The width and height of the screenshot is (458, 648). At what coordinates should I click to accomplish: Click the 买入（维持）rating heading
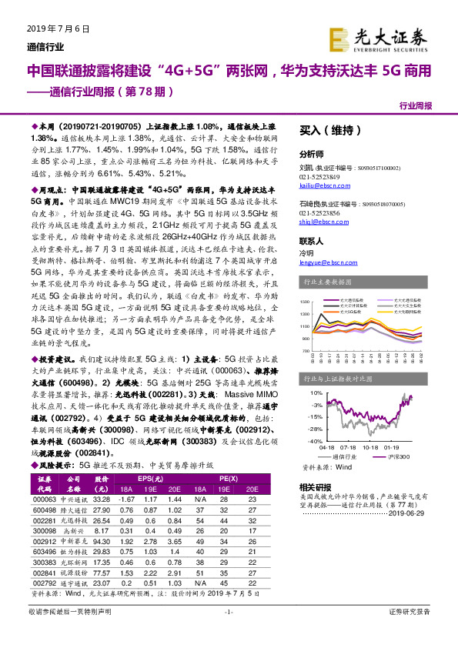coord(323,131)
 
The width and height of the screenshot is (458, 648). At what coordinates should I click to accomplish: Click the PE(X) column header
coord(229,479)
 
